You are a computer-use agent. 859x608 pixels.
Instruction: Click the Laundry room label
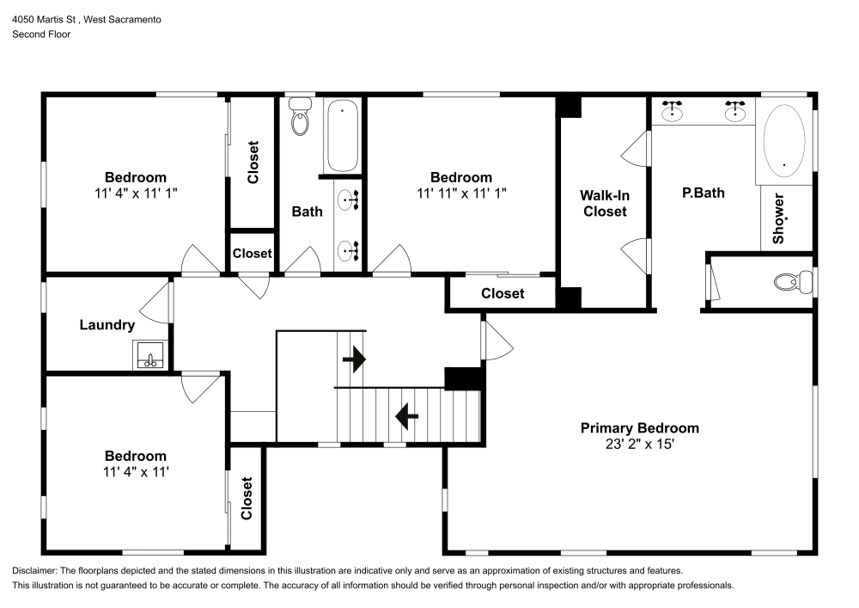[x=107, y=325]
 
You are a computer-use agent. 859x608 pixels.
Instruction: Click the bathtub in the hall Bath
[x=343, y=136]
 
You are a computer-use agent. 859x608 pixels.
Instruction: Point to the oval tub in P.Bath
[x=784, y=140]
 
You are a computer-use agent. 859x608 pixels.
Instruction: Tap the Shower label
[x=779, y=218]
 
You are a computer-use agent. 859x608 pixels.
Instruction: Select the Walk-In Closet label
[x=605, y=203]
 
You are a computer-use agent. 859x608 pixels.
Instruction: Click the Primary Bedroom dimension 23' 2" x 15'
[x=639, y=445]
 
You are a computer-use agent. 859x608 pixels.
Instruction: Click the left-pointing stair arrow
[x=406, y=417]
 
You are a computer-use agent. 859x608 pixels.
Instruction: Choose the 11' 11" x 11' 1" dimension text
[x=461, y=193]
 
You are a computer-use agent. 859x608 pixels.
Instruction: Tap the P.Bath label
[x=703, y=193]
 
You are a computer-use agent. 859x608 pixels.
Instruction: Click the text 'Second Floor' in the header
[x=41, y=34]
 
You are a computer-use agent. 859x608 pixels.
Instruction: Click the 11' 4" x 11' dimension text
[x=136, y=471]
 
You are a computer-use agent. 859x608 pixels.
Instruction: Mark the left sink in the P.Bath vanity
[x=673, y=110]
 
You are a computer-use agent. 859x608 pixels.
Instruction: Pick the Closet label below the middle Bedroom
[x=503, y=293]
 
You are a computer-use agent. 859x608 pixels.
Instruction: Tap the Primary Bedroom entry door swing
[x=497, y=341]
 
